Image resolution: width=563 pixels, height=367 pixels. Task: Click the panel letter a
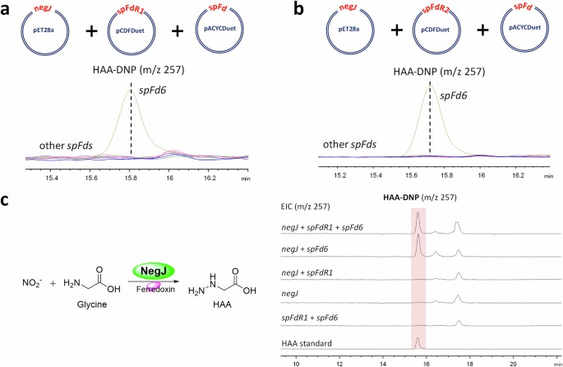7,11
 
